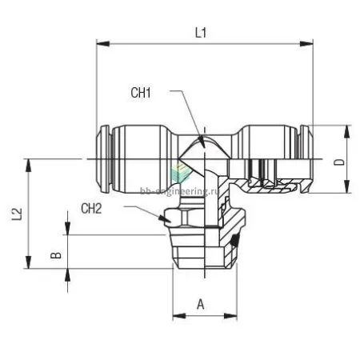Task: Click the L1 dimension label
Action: pos(201,33)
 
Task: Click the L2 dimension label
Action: pos(17,214)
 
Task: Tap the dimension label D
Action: pos(339,162)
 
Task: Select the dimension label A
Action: pos(201,304)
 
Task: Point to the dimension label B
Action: pos(56,255)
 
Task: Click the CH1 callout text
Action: pos(141,93)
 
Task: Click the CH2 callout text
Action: pos(91,209)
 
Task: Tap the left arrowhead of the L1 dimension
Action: pos(103,43)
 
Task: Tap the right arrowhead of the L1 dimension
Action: pos(306,43)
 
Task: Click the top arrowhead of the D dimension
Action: pos(346,131)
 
